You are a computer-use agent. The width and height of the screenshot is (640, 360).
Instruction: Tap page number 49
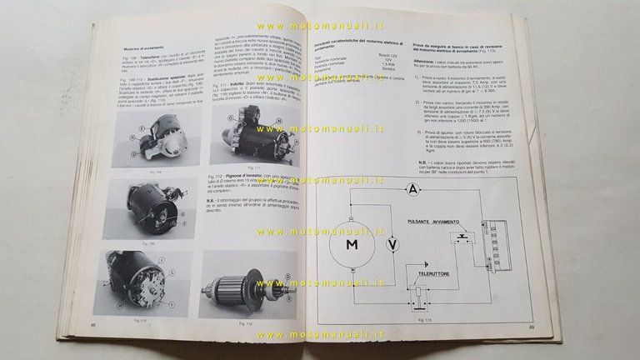(556, 327)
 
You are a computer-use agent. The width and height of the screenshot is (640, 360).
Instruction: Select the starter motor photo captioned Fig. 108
(154, 138)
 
